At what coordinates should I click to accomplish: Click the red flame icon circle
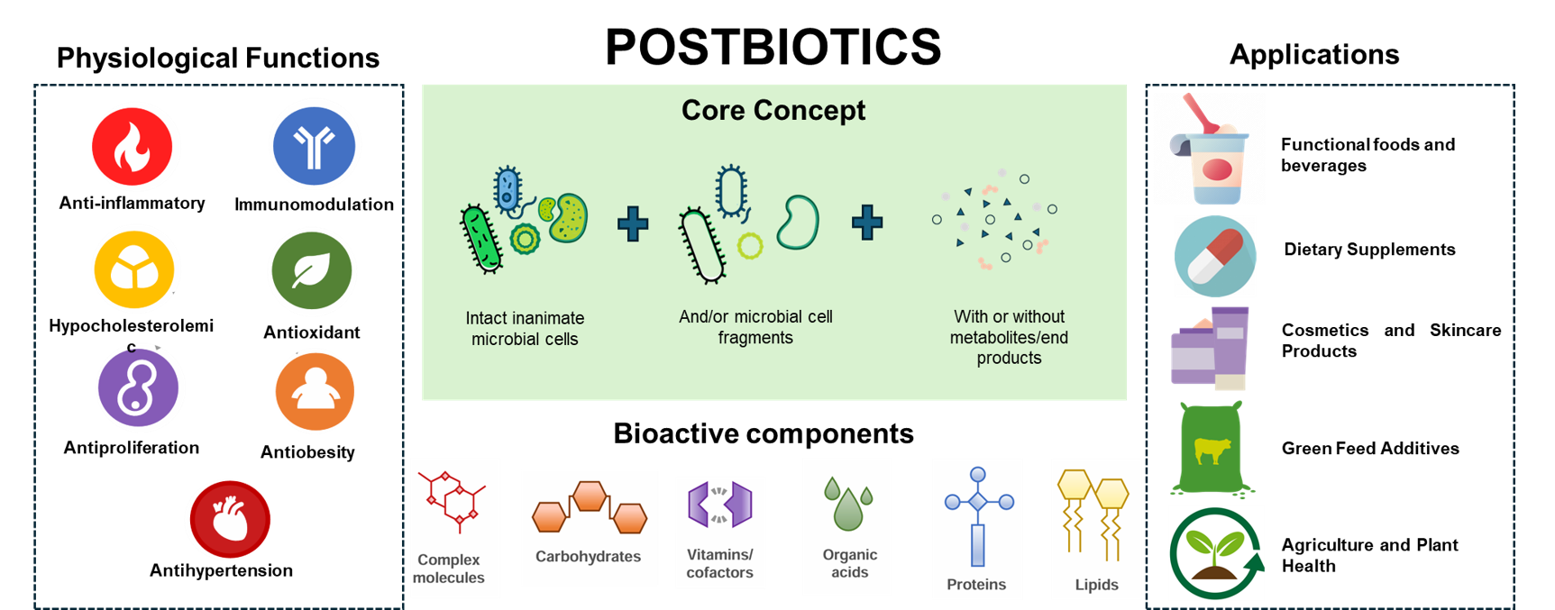coord(135,146)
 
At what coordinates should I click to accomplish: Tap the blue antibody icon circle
coord(315,144)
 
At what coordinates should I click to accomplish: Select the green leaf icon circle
coord(312,271)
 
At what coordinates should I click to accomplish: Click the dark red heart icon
coord(228,520)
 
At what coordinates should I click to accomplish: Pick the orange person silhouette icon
coord(315,391)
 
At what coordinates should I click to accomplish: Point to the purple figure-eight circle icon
coord(140,389)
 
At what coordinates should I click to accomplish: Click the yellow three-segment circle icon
coord(136,269)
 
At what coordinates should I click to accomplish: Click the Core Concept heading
coord(773,110)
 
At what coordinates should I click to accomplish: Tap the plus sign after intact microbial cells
coord(633,223)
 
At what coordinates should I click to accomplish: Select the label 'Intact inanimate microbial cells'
coord(525,328)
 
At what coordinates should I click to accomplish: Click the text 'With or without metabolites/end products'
coord(1009,337)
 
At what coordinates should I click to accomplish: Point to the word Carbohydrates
coord(588,557)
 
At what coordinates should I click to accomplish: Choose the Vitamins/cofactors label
coord(719,563)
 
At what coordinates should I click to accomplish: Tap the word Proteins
coord(975,585)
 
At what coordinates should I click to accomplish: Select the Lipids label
coord(1096,585)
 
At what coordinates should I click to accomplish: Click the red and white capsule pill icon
coord(1215,256)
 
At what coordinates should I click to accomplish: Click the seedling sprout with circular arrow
coord(1216,553)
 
